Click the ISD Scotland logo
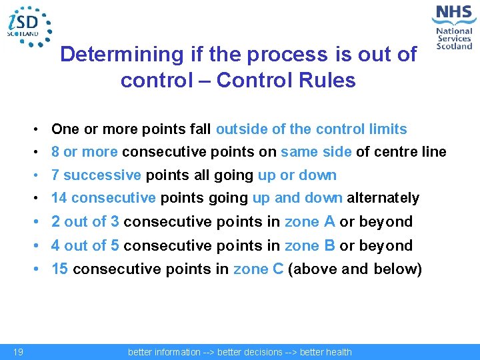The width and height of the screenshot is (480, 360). click(28, 27)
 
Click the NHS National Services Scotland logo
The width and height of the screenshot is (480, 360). click(453, 27)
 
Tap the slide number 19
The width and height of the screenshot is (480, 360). click(18, 352)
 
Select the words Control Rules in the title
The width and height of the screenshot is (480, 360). click(286, 81)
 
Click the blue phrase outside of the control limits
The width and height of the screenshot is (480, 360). click(311, 129)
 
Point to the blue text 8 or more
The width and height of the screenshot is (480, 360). click(84, 152)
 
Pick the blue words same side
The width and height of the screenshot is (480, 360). click(316, 152)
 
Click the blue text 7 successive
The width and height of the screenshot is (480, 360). click(96, 175)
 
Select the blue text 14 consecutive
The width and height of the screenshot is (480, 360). click(103, 198)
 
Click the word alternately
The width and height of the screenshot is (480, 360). click(383, 198)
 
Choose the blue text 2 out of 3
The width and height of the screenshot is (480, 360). click(85, 222)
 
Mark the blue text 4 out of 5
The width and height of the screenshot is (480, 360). click(85, 246)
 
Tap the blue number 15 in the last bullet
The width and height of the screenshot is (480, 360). click(60, 269)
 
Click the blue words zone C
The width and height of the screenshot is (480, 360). click(259, 269)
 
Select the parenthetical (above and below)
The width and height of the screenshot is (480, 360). click(355, 269)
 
